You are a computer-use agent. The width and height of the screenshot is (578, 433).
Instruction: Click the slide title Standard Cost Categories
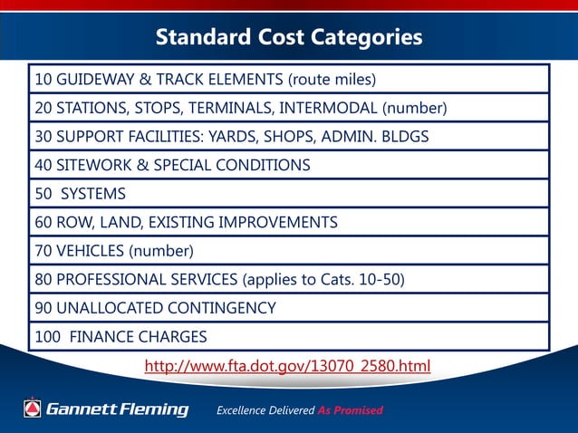point(288,37)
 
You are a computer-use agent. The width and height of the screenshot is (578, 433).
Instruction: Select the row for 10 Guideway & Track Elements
point(288,79)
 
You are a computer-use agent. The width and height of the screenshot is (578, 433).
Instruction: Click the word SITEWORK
point(92,166)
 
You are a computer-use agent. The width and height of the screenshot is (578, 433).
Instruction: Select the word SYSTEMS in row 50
point(93,194)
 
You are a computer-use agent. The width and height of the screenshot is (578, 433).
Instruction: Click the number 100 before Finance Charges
point(48,337)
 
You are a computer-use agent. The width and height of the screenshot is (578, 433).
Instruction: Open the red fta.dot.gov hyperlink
point(288,366)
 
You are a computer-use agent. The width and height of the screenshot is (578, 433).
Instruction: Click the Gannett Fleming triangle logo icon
point(34,409)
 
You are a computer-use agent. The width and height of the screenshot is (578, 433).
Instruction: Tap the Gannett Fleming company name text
point(117,409)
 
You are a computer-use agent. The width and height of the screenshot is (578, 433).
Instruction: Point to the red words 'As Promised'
point(350,410)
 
